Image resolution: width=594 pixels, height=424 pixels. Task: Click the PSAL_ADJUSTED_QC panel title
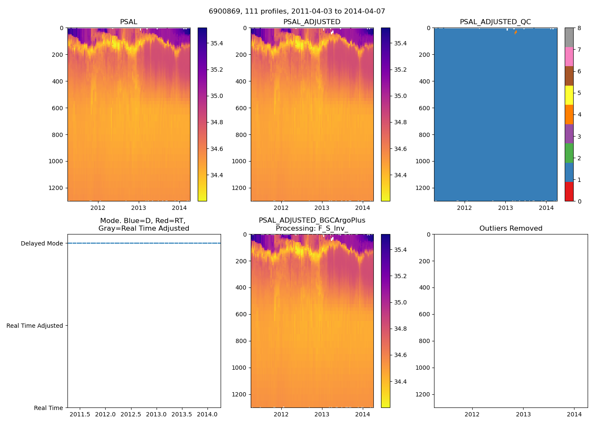coord(495,22)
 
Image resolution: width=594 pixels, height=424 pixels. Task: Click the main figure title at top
coord(297,11)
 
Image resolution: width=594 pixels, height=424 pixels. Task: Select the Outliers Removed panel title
coord(511,229)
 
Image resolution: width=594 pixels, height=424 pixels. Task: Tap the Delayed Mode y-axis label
coord(42,243)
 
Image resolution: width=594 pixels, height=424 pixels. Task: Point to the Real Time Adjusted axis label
coord(34,326)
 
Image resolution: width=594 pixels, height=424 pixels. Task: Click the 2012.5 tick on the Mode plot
coord(131,414)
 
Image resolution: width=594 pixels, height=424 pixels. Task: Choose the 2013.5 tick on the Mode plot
coord(182,414)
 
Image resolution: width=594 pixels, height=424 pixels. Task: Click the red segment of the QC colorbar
coord(569,191)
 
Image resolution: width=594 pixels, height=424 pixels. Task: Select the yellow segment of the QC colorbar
coord(569,95)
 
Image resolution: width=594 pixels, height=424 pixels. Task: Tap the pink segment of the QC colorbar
coord(569,56)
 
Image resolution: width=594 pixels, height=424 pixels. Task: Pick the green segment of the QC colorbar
coord(569,153)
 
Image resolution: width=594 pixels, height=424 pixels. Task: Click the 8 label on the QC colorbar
coord(579,28)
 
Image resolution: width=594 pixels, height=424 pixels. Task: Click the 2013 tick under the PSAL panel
coord(138,208)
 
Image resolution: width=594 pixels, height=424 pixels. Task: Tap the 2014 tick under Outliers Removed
coord(574,414)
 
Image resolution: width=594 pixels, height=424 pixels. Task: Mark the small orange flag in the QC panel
coord(515,32)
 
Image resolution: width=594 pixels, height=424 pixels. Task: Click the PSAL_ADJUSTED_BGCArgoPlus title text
coord(312,220)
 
